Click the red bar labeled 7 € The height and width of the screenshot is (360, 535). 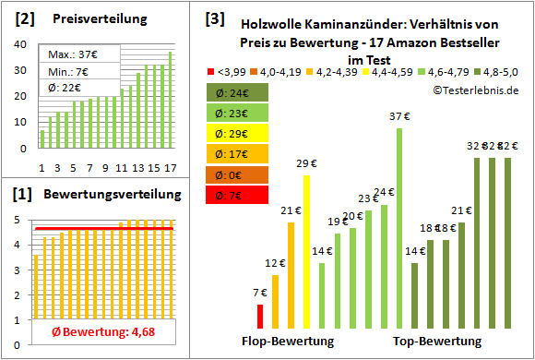[x=260, y=316]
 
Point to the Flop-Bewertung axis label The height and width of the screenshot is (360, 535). [x=288, y=342]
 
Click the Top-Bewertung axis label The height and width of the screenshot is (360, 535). [x=437, y=342]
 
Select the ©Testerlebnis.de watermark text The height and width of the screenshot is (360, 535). [x=473, y=89]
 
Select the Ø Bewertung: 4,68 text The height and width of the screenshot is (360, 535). [x=91, y=332]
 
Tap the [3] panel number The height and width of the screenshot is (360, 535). [x=214, y=18]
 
